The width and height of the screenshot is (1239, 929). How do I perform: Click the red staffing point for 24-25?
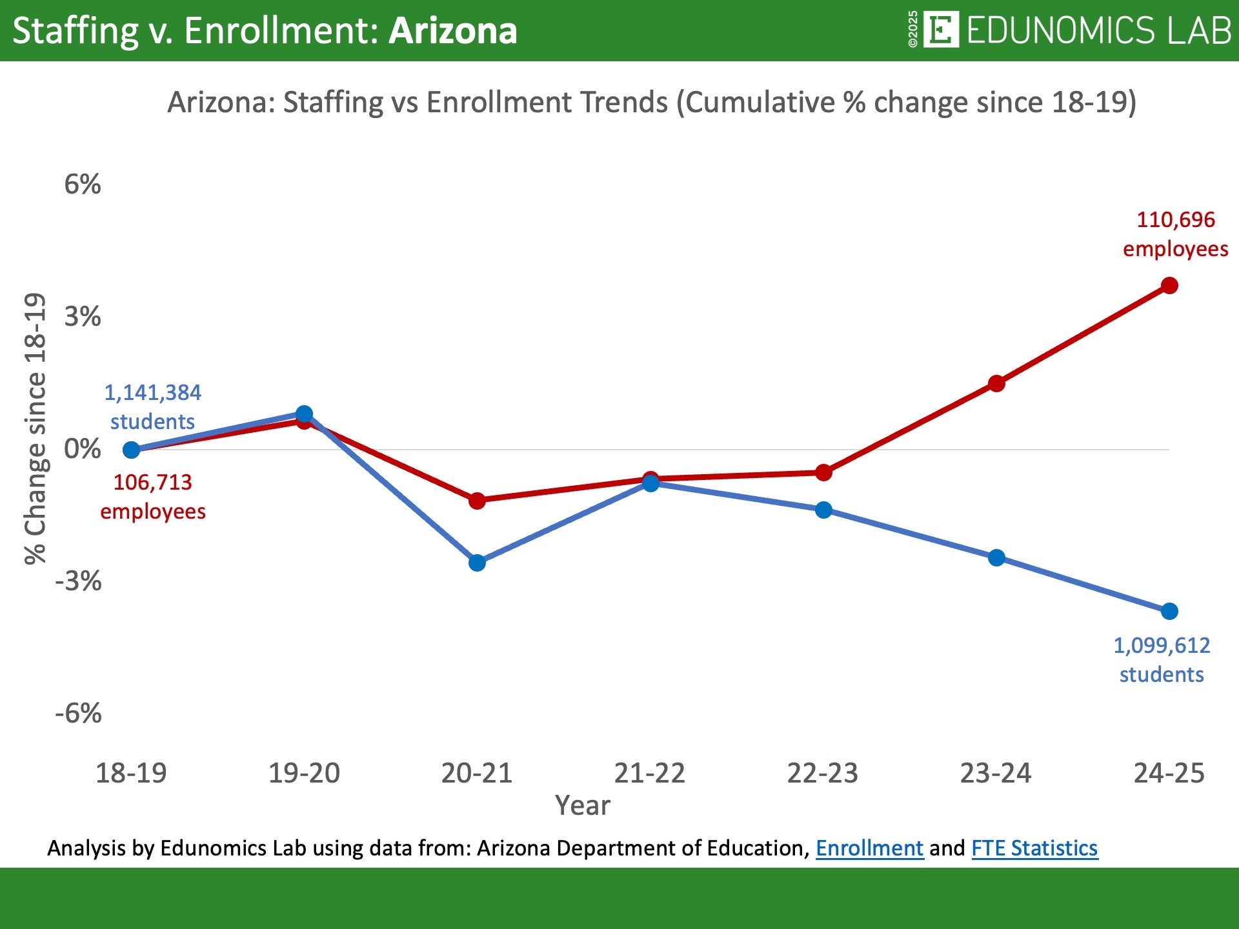1169,285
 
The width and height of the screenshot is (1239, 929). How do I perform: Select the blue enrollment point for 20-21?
477,563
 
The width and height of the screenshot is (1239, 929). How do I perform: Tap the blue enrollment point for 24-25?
1169,611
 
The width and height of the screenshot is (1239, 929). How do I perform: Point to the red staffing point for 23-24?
996,384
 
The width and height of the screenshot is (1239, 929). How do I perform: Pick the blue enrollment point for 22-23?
823,510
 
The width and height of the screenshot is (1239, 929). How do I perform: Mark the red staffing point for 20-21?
477,501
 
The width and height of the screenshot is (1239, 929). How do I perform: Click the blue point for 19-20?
304,414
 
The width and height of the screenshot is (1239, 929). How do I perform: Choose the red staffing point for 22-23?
823,473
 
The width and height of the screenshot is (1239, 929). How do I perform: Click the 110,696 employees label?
1175,234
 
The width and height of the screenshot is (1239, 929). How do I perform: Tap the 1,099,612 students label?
1161,659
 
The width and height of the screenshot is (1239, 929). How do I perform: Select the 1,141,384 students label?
152,406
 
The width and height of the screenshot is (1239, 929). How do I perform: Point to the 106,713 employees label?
153,496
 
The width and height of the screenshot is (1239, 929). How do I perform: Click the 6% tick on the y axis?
83,185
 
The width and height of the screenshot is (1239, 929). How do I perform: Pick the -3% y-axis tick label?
79,581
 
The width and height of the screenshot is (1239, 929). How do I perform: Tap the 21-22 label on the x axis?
649,773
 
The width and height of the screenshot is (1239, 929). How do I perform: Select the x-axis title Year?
582,806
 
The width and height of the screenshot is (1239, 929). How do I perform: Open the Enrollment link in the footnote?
869,848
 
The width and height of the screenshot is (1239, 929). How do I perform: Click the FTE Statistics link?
1034,848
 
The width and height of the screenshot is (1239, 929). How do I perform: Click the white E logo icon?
941,30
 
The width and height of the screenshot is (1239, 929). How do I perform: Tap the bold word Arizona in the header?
452,30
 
